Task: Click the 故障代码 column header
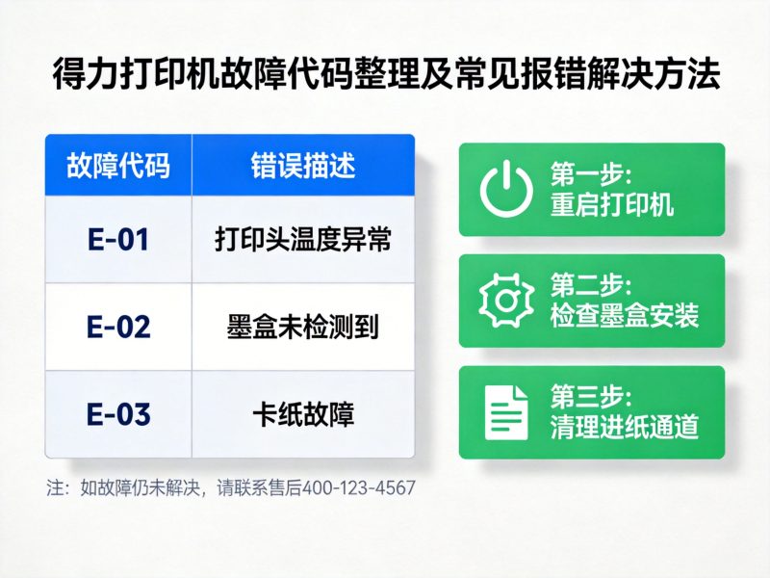(x=118, y=165)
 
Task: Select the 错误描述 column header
(x=303, y=165)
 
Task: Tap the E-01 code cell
(x=118, y=240)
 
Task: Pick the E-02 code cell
(x=118, y=327)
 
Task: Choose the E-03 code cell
(x=118, y=414)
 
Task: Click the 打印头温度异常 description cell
(x=303, y=240)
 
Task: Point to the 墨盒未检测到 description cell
(x=303, y=327)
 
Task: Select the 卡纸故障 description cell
(x=303, y=414)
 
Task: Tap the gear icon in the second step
(x=506, y=301)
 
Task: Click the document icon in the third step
(x=506, y=411)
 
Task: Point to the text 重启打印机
(x=612, y=204)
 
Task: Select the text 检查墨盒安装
(x=625, y=315)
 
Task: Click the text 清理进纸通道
(x=625, y=427)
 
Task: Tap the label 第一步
(x=590, y=174)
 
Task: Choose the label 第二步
(x=590, y=286)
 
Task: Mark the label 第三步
(x=590, y=397)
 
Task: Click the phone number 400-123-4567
(x=359, y=487)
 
